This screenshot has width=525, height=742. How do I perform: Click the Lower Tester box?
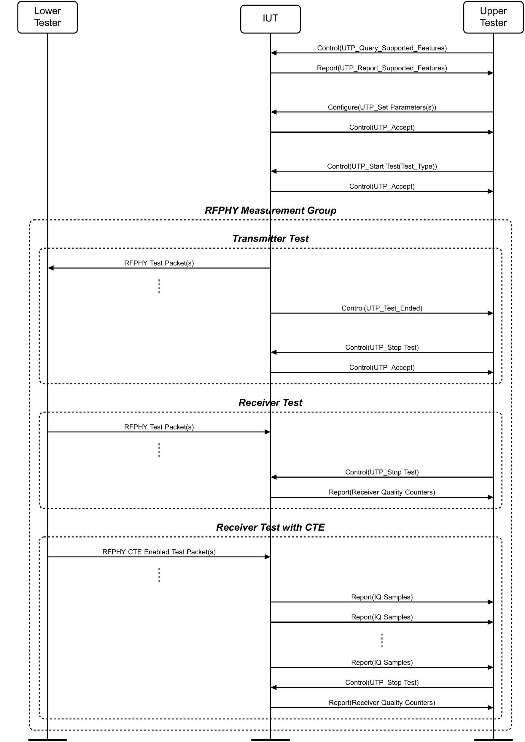pyautogui.click(x=47, y=17)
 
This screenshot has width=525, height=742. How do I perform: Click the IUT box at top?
pyautogui.click(x=270, y=19)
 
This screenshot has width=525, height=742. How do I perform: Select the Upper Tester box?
pyautogui.click(x=493, y=17)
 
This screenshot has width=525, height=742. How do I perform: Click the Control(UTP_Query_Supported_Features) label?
pyautogui.click(x=382, y=48)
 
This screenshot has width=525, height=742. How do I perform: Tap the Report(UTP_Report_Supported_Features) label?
pyautogui.click(x=382, y=68)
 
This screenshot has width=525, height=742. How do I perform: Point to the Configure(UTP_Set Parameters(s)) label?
pyautogui.click(x=382, y=107)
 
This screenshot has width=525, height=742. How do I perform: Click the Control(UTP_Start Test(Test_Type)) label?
pyautogui.click(x=382, y=167)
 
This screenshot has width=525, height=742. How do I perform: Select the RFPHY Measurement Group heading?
pyautogui.click(x=270, y=210)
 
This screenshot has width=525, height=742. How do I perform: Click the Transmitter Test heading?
pyautogui.click(x=270, y=239)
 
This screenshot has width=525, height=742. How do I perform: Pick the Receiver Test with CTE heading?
pyautogui.click(x=270, y=527)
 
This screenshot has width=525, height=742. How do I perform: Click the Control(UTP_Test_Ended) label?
pyautogui.click(x=382, y=309)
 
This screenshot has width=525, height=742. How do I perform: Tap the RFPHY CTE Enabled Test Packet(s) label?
pyautogui.click(x=159, y=552)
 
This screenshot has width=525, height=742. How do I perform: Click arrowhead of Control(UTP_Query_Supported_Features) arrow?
pyautogui.click(x=274, y=53)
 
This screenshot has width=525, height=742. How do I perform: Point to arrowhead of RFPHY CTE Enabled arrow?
pyautogui.click(x=267, y=557)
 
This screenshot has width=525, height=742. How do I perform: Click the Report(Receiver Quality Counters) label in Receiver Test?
pyautogui.click(x=382, y=492)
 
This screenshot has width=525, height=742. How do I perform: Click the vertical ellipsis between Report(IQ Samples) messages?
pyautogui.click(x=382, y=641)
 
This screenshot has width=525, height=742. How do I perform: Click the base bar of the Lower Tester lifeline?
pyautogui.click(x=47, y=739)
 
